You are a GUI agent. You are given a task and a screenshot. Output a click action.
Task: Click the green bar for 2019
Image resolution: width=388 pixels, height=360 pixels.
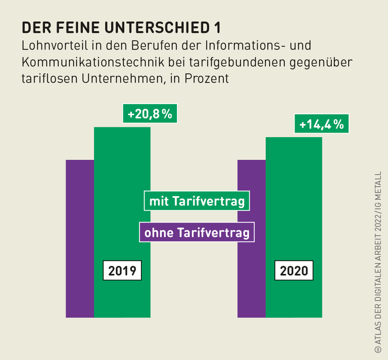122,167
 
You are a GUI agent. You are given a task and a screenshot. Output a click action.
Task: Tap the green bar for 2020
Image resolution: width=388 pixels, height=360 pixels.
294,167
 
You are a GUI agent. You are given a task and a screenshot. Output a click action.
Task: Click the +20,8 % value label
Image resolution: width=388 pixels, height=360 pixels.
150,114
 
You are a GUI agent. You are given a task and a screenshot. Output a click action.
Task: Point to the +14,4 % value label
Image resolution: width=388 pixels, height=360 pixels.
322,124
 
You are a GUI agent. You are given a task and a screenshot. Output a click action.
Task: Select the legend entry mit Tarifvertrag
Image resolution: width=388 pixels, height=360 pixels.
197,202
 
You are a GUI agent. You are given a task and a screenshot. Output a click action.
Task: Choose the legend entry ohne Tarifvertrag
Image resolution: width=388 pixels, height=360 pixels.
197,233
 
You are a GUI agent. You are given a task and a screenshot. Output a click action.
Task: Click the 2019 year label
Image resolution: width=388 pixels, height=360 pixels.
122,271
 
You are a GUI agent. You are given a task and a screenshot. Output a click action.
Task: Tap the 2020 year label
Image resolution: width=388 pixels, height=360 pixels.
294,271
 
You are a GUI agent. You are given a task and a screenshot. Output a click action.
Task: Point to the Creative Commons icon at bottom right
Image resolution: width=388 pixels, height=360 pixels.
377,349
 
